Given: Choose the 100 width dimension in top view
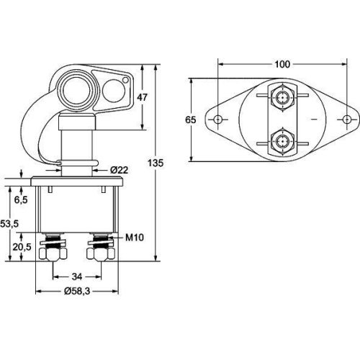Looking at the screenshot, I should pyautogui.click(x=282, y=64).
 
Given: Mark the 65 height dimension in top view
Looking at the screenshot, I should pyautogui.click(x=191, y=120).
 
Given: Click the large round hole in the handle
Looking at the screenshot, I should pyautogui.click(x=74, y=91).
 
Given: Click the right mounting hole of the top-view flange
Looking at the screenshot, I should pyautogui.click(x=347, y=119).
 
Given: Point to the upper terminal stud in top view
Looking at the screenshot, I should pyautogui.click(x=282, y=96).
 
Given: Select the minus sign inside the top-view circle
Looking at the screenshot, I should pyautogui.click(x=314, y=118).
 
